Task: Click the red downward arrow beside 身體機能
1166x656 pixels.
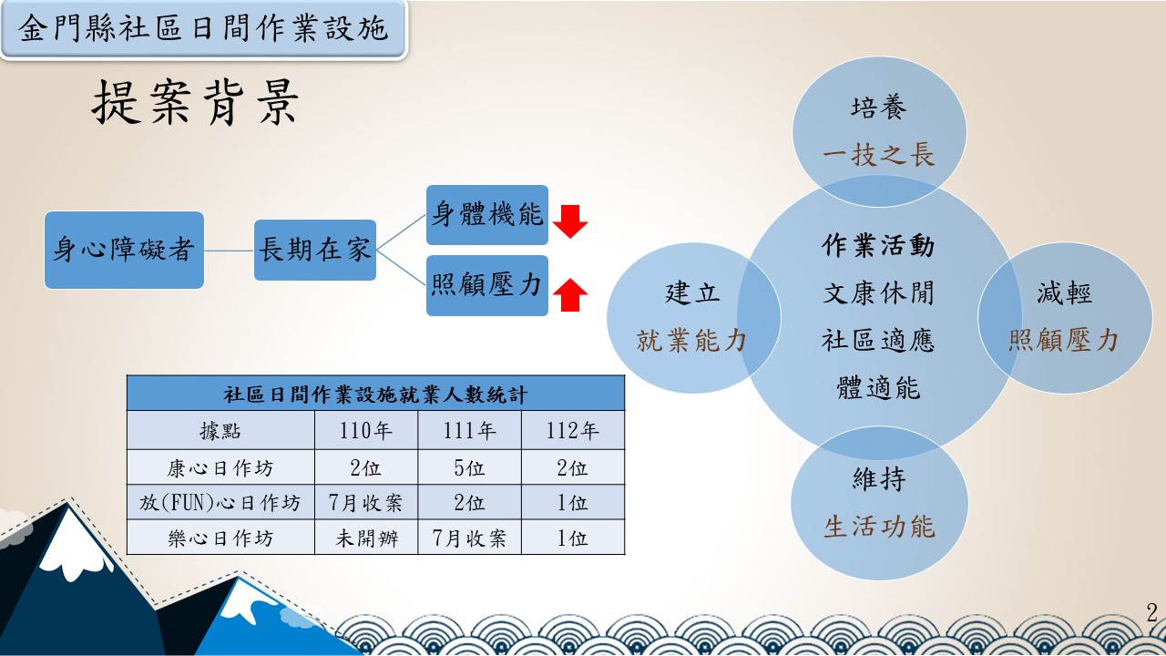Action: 570,221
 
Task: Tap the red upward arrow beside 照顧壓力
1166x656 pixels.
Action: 570,294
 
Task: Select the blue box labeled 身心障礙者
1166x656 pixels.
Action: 124,250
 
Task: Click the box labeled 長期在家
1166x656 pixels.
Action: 315,250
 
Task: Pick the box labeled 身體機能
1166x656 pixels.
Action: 487,214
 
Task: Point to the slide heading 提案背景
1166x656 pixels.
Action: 195,103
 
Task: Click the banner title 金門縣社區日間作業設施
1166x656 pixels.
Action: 203,28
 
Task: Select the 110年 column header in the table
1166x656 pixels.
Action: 365,431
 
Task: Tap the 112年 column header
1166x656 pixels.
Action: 573,431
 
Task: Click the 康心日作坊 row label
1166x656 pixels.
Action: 220,468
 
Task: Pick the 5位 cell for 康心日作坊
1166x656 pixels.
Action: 469,468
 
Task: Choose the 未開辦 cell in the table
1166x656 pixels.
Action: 367,538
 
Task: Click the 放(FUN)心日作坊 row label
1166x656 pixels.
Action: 220,503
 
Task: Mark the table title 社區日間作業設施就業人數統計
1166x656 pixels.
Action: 375,395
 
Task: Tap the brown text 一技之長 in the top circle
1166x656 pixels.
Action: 879,155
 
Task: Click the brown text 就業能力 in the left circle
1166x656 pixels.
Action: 691,341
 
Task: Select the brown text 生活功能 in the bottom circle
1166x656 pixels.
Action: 879,527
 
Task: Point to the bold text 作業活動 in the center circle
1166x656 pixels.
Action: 878,245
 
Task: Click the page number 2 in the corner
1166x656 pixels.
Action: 1152,612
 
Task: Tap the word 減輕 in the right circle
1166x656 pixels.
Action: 1065,292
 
